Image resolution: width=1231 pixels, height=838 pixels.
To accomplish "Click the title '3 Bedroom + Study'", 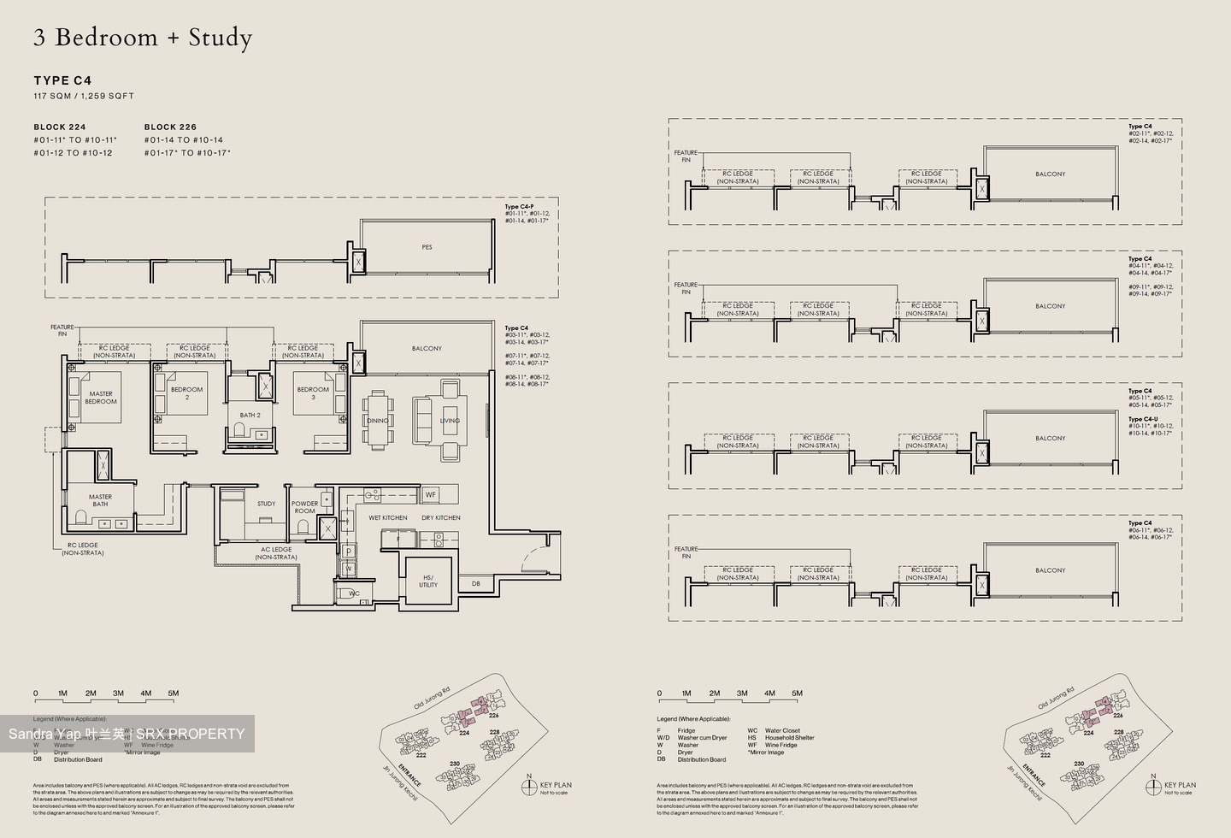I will [x=143, y=38].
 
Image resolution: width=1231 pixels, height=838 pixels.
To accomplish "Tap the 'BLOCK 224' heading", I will [x=60, y=127].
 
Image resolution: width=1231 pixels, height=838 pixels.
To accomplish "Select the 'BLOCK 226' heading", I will [x=170, y=127].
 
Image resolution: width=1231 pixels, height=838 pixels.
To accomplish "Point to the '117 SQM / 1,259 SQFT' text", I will [x=84, y=96].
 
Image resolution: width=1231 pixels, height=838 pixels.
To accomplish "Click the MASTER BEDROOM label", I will [x=101, y=398].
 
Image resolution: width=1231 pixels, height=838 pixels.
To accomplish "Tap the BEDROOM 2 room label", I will [x=186, y=393].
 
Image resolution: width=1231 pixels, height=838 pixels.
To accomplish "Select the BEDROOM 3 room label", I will [x=313, y=393].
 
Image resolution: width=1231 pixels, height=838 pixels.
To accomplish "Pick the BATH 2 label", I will [x=250, y=415].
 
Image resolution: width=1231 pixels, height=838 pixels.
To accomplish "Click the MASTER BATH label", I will [x=100, y=500].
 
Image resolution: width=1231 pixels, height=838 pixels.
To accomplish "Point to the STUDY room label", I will [x=267, y=504].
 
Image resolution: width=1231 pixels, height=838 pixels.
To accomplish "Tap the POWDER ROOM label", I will [x=304, y=507].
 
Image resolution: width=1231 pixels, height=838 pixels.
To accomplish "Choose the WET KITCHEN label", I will [x=388, y=517].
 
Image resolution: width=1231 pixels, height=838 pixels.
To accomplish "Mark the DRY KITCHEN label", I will [x=441, y=517].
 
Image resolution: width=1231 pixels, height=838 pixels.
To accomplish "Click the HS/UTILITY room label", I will [x=428, y=581].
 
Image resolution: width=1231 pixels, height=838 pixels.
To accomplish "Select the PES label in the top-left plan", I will [x=427, y=247].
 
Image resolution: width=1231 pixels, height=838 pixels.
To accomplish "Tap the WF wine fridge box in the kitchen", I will [x=431, y=494].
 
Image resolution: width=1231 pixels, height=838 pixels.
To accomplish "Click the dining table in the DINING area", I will [x=378, y=419].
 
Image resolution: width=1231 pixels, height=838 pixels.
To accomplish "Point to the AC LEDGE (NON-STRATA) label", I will [x=276, y=553].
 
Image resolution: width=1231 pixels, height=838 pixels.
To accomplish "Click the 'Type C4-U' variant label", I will [x=1143, y=419].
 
